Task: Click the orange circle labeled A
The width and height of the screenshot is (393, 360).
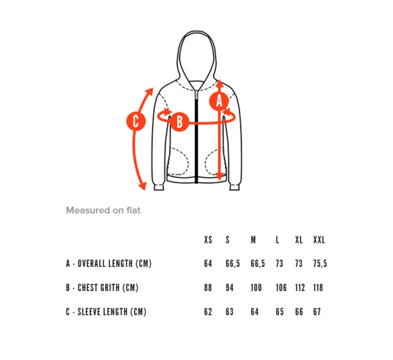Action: click(219, 101)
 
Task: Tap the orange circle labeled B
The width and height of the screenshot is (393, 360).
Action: click(180, 122)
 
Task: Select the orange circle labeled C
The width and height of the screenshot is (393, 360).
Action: click(136, 121)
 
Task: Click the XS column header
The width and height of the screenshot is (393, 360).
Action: click(208, 240)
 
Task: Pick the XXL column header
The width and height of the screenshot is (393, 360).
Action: click(319, 240)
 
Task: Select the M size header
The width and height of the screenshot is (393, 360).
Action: click(253, 240)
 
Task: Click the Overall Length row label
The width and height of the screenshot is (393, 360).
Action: click(109, 264)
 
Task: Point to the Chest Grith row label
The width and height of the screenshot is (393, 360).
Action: click(102, 288)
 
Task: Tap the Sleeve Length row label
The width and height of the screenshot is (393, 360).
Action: click(106, 312)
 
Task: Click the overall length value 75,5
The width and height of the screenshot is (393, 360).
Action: click(320, 264)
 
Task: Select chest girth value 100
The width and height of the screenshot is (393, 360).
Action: click(256, 288)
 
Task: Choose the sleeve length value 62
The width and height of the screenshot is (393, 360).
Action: click(208, 312)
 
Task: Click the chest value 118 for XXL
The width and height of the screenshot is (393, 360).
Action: click(318, 288)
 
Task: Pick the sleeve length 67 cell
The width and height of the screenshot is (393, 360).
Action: click(317, 312)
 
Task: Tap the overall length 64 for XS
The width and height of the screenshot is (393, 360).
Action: click(208, 264)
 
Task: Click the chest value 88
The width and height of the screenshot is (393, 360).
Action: click(208, 288)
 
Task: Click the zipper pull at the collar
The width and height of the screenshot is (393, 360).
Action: click(196, 95)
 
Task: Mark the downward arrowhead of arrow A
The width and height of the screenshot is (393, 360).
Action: click(220, 177)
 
